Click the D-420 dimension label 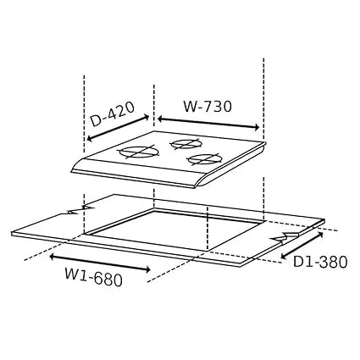coord(113,114)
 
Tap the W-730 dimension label coord(208,107)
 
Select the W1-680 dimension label coord(94,277)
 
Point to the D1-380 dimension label coord(320,262)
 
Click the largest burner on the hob coord(139,152)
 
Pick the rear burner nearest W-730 coord(186,144)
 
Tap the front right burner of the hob coord(203,159)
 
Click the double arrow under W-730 coord(208,123)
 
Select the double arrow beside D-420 coord(118,128)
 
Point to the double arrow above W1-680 coord(100,263)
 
